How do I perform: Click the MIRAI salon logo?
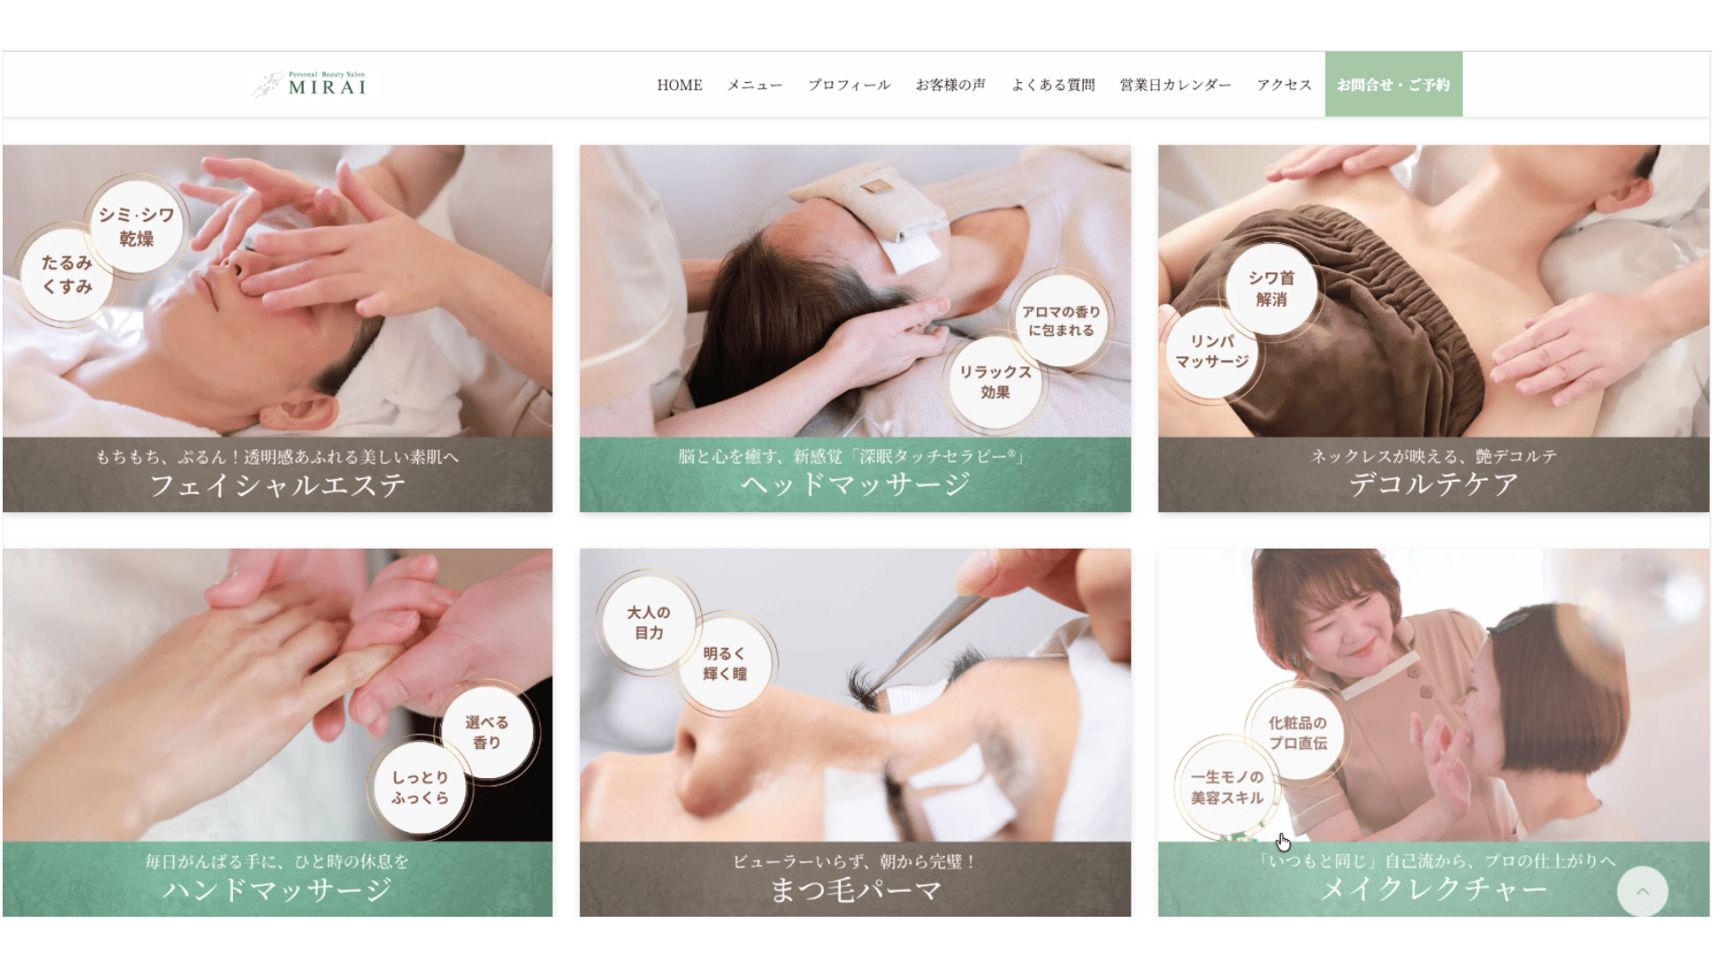tap(309, 84)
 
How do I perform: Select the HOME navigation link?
tap(680, 85)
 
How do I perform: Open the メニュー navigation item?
tap(755, 85)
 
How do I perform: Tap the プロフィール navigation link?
tap(849, 85)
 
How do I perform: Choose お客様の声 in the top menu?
tap(950, 85)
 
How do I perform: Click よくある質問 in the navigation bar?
tap(1053, 85)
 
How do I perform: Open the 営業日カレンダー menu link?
tap(1175, 85)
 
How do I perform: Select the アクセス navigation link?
tap(1284, 85)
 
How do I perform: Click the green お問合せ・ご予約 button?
tap(1393, 84)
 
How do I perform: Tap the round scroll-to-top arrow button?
tap(1642, 891)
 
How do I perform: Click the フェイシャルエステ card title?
tap(277, 485)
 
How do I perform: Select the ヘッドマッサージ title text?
tap(855, 484)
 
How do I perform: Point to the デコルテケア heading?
tap(1433, 484)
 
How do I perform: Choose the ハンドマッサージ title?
tap(277, 889)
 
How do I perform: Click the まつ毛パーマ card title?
tap(855, 890)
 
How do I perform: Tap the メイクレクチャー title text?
tap(1433, 888)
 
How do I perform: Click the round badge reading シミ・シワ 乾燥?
tap(137, 227)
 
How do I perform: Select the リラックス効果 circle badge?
tap(995, 382)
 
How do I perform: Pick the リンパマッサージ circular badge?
tap(1212, 351)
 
